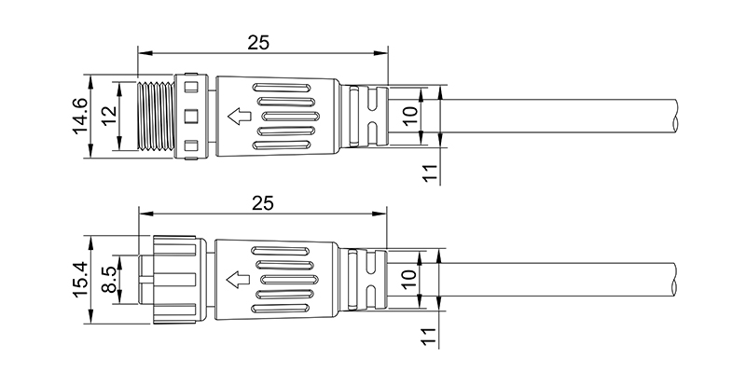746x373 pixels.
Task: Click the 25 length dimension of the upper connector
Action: click(258, 42)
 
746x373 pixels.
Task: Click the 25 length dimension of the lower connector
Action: click(263, 203)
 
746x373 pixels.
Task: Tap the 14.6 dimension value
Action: click(80, 117)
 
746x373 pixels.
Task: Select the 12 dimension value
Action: click(109, 116)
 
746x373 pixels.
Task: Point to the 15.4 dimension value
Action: click(80, 280)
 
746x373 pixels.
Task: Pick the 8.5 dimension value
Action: click(109, 280)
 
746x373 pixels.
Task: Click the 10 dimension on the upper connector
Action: click(409, 115)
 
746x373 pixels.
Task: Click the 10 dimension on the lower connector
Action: click(408, 279)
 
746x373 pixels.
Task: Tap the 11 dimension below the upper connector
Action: click(430, 173)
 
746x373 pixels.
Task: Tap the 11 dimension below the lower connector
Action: click(428, 337)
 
